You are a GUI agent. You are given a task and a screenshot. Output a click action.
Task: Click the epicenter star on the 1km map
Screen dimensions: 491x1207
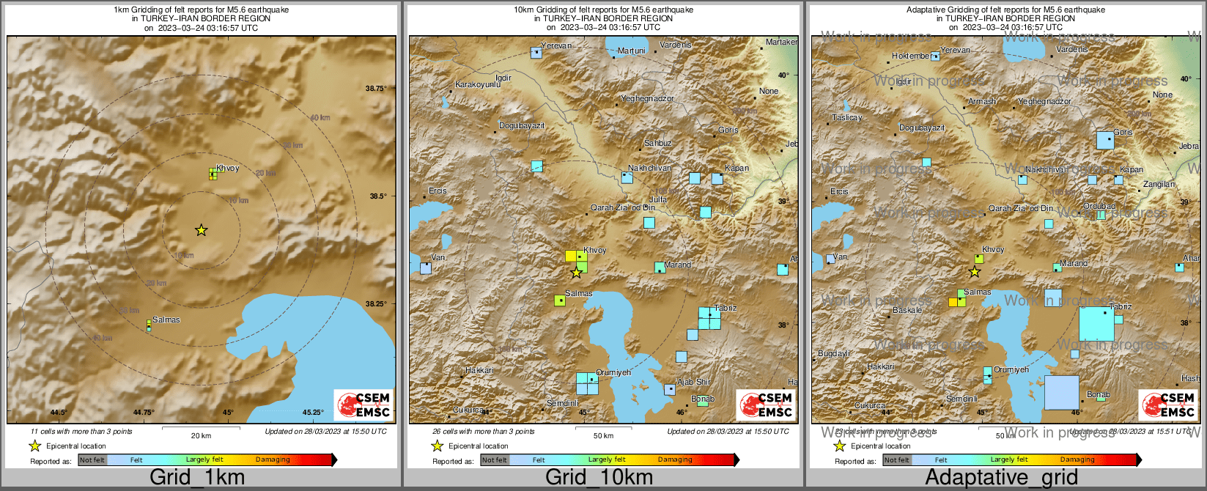(201, 230)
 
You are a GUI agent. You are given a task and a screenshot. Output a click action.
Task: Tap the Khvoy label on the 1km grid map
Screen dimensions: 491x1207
(228, 168)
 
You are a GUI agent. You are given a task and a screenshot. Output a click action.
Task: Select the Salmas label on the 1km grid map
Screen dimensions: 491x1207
(166, 320)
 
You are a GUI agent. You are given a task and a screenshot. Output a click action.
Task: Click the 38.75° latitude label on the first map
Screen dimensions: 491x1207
(376, 88)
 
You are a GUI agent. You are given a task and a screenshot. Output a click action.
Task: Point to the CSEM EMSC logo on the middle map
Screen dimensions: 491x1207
(765, 405)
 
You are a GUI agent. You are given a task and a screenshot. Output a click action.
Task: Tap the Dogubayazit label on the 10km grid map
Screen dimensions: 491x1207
(522, 126)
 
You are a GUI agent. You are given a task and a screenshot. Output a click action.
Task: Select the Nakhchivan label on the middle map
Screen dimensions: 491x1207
(649, 169)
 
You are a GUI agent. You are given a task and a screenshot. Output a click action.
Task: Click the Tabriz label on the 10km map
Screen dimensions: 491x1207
(726, 309)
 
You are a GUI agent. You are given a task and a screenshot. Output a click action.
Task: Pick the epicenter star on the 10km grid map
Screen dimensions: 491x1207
(576, 273)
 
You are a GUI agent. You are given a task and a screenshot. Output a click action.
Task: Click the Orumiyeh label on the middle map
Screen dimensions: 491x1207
(613, 372)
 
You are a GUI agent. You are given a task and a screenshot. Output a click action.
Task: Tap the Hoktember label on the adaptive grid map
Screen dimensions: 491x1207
(911, 56)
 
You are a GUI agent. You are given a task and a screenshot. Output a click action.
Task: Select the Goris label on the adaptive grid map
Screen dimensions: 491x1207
(1123, 132)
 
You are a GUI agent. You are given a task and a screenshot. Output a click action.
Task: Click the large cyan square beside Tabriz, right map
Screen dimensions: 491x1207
(1096, 324)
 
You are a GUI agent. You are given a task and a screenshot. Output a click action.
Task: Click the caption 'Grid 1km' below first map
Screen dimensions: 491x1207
(197, 478)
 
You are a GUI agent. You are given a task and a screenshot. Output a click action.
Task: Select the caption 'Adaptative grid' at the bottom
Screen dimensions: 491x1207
(1001, 478)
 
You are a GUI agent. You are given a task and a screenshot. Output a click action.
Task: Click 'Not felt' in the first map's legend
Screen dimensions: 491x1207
(92, 460)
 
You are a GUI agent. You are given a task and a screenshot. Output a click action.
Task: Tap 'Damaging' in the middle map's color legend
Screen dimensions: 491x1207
(675, 460)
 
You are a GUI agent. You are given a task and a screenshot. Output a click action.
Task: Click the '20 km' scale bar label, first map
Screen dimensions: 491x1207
(201, 436)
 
